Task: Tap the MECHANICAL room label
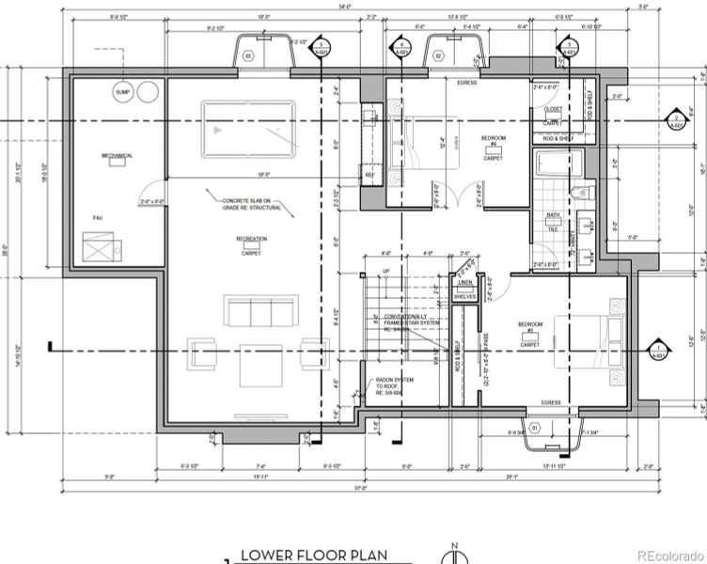pos(118,156)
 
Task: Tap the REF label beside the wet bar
pos(369,174)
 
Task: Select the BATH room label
pos(553,216)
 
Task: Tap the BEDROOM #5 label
pos(531,328)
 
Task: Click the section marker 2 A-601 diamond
pos(674,119)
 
